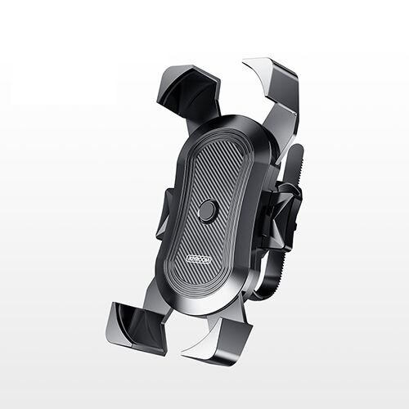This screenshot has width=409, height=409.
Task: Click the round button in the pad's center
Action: (208, 212)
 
